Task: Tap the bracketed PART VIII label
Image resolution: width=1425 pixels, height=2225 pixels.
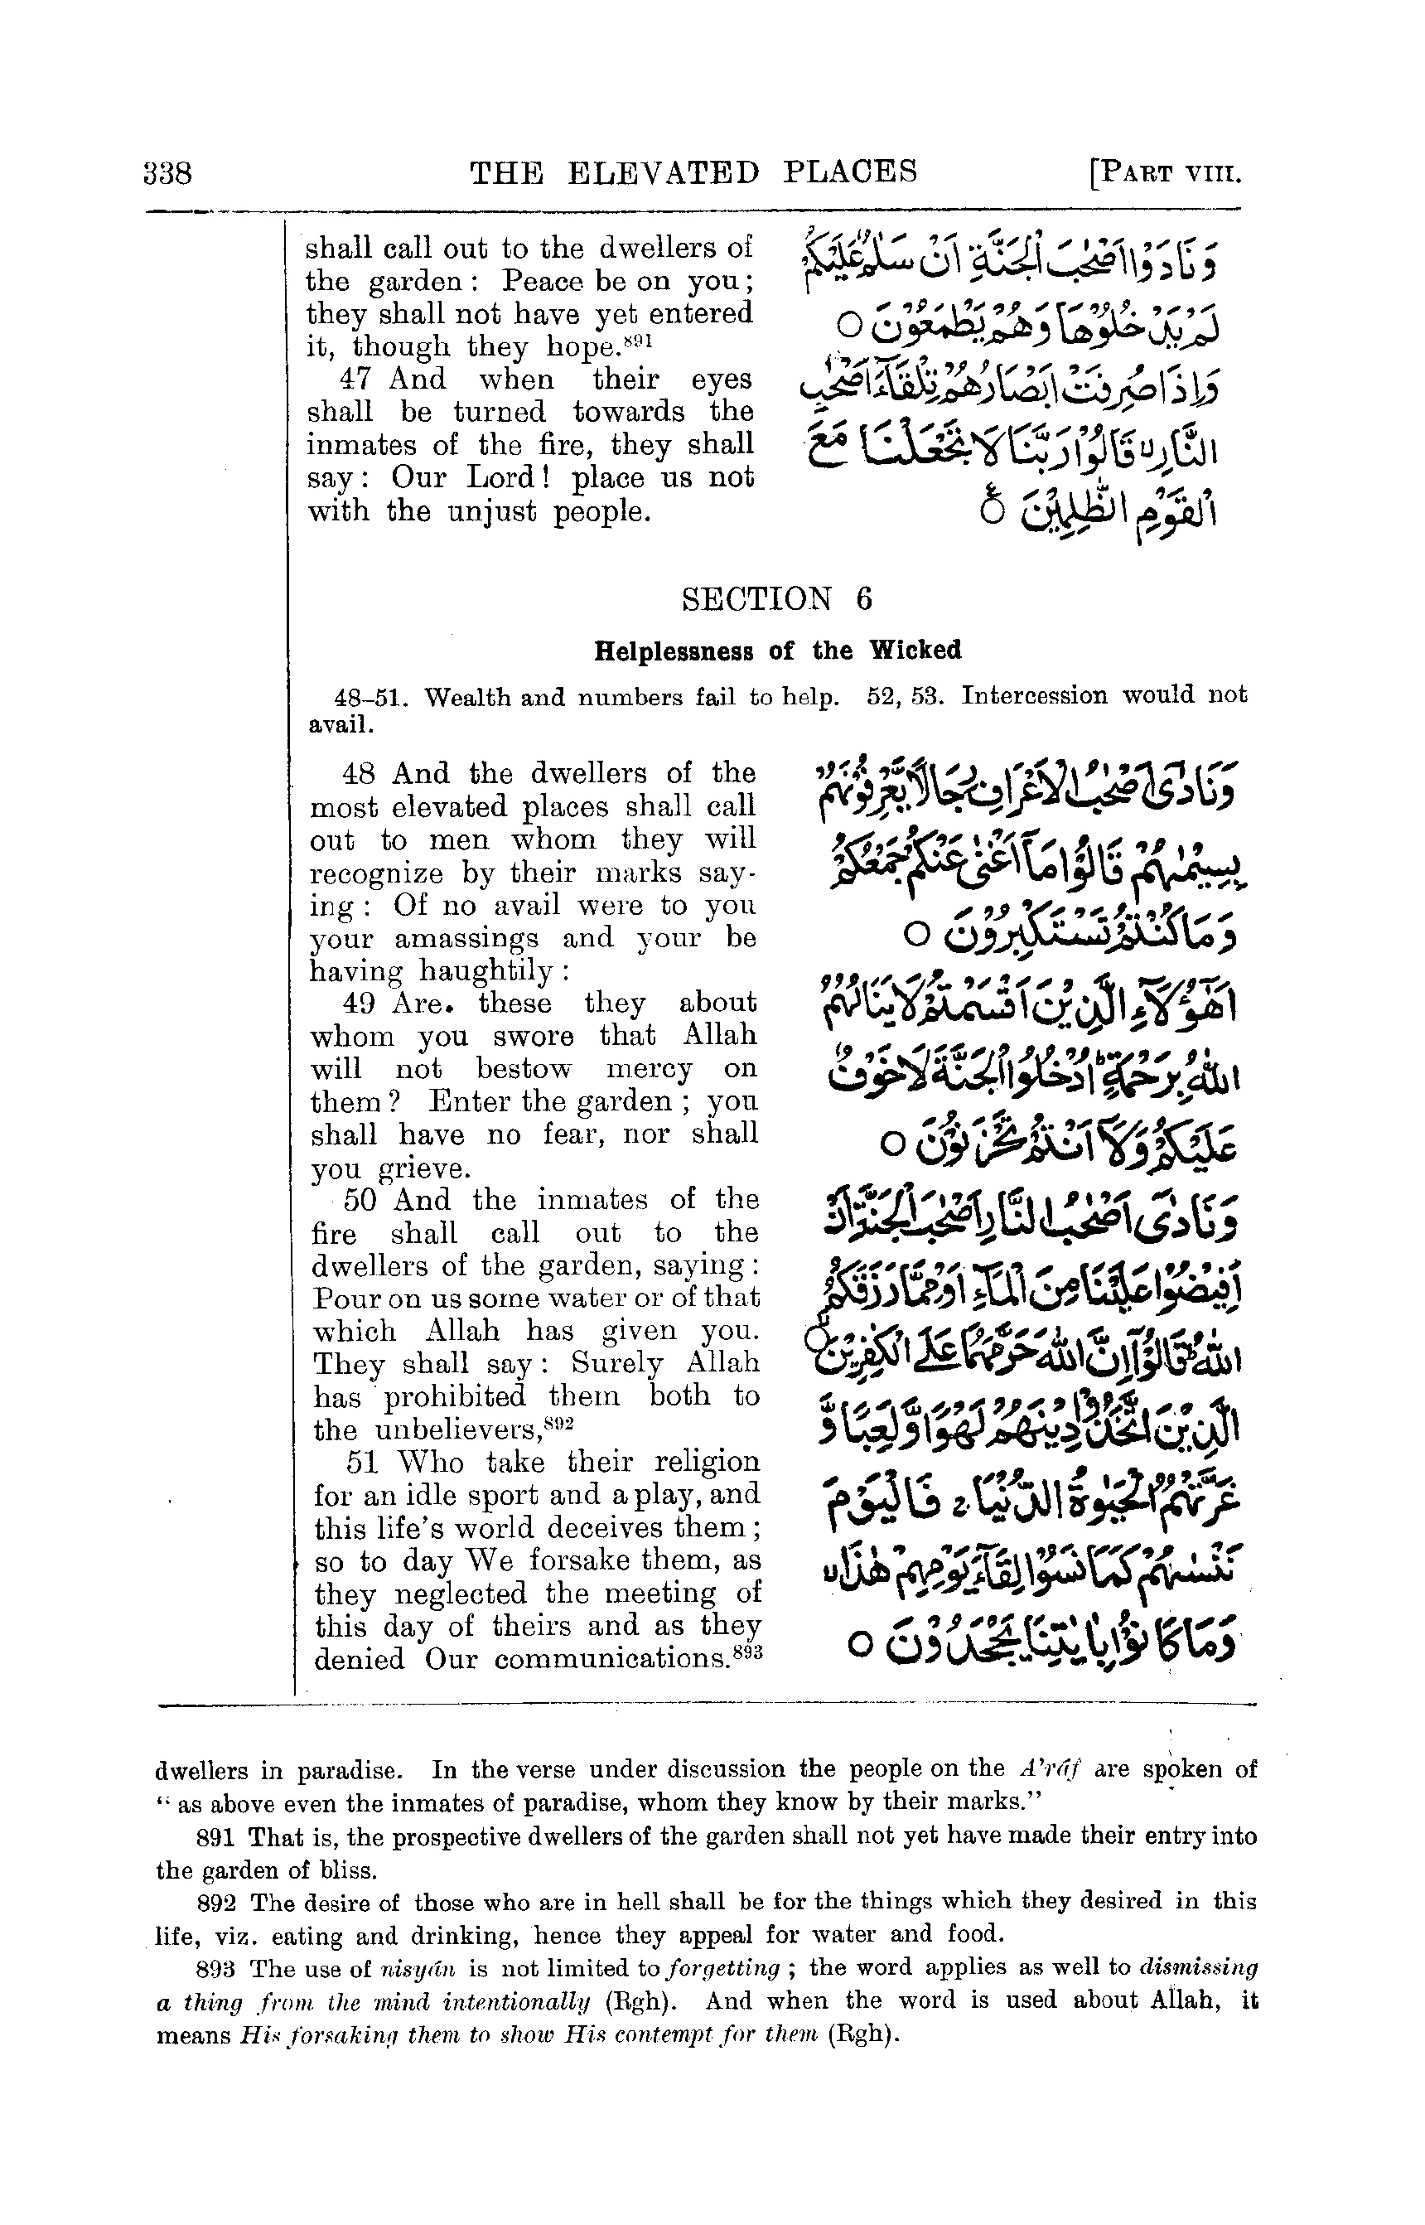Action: (1165, 174)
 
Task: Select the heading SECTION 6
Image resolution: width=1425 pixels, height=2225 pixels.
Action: (776, 600)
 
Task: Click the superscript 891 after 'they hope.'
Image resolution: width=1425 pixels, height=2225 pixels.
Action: (639, 341)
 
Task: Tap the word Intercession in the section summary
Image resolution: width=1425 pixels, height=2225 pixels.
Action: (1034, 695)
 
